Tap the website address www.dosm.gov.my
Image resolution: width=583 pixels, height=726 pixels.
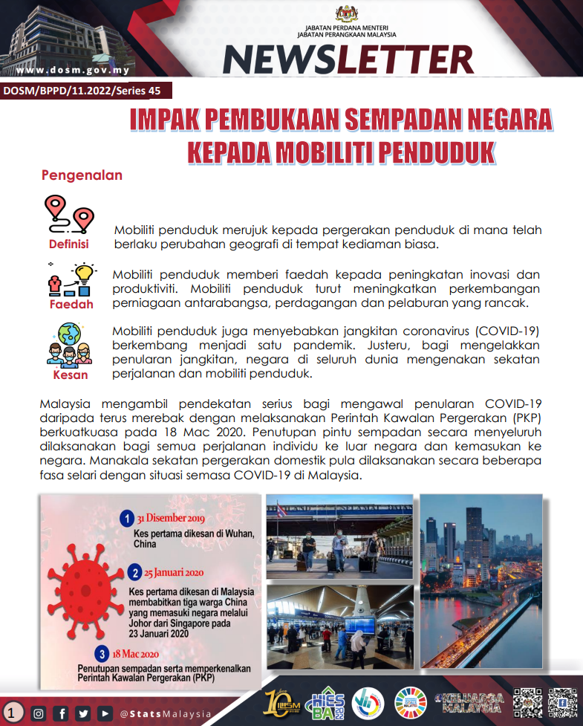coord(72,71)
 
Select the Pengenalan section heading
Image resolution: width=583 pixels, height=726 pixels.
coord(82,176)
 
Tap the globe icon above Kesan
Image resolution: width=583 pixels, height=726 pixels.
coord(70,333)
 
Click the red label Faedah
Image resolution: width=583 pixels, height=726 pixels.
coord(71,304)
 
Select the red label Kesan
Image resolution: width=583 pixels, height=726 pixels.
coord(71,375)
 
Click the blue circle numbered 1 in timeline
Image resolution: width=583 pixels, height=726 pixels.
coord(127,518)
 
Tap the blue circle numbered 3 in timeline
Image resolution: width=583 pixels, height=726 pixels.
coord(102,654)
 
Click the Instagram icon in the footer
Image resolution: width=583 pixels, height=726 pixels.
coord(39,714)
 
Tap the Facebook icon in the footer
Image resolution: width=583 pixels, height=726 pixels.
coord(62,714)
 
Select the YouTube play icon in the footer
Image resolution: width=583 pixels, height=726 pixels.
coord(105,714)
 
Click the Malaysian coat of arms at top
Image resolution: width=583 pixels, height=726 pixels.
coord(347,13)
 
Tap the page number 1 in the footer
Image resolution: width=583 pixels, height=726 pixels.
coord(12,713)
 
